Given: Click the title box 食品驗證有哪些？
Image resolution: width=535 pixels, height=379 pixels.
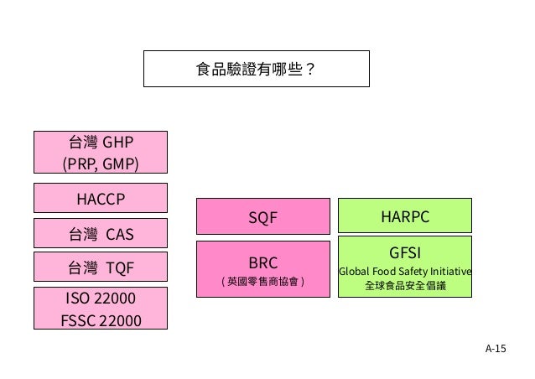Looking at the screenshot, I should (256, 69).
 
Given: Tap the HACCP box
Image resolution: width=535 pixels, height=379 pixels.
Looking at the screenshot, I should (100, 199).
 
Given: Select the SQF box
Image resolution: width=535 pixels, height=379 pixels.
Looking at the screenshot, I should (262, 217).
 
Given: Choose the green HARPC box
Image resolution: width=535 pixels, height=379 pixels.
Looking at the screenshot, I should (404, 217).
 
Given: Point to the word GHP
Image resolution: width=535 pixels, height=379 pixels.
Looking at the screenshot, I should (118, 141).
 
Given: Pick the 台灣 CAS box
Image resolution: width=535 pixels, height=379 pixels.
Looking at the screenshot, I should (100, 233).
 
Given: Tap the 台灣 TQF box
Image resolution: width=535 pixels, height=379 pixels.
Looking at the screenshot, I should (100, 267).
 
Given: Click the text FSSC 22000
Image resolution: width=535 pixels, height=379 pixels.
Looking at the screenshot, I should (100, 320).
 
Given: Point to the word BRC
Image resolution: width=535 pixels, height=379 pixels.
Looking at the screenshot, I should (262, 262).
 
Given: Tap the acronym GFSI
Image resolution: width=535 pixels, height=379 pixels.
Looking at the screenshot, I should (404, 252).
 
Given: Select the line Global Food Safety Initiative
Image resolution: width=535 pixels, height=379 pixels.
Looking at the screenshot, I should (404, 271).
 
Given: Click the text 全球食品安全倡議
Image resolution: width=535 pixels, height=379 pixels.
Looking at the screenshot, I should (404, 286).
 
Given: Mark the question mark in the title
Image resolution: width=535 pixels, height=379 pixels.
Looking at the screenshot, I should (311, 69).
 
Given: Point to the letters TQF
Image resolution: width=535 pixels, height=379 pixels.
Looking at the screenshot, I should (119, 267).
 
